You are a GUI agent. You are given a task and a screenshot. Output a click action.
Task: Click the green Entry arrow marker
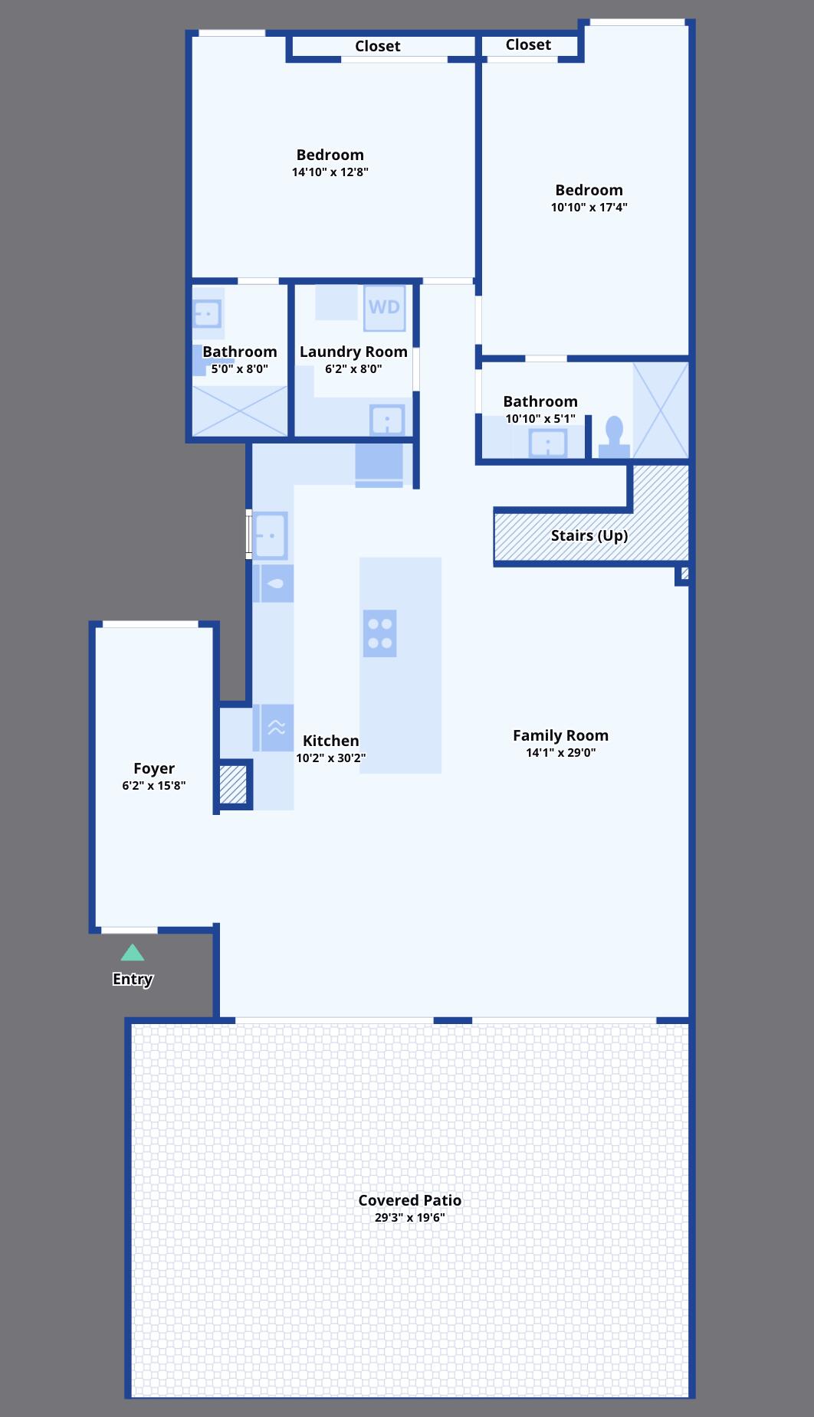click(x=133, y=953)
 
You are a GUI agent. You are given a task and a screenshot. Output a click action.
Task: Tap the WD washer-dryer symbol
click(x=384, y=308)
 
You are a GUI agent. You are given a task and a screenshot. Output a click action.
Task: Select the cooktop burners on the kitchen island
click(x=380, y=633)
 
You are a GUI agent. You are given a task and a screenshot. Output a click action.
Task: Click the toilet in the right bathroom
click(x=614, y=438)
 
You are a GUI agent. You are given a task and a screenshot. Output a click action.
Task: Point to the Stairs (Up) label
click(x=589, y=535)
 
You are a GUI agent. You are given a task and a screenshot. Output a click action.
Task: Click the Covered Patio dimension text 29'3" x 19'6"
click(x=410, y=1218)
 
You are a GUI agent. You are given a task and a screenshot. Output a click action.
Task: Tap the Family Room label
click(x=560, y=735)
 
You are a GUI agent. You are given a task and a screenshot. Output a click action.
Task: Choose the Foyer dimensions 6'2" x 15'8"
click(x=154, y=785)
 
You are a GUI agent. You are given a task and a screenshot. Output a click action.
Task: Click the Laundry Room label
click(x=353, y=352)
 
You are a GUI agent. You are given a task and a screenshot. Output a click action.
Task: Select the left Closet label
click(x=378, y=46)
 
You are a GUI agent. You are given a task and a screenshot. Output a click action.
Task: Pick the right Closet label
click(x=528, y=44)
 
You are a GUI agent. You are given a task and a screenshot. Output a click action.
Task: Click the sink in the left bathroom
click(x=207, y=314)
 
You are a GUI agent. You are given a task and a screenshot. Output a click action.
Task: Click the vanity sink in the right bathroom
click(x=548, y=443)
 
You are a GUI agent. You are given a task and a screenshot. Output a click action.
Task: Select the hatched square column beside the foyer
click(x=234, y=784)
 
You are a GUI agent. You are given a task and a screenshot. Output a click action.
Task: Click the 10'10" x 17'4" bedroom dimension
click(x=589, y=207)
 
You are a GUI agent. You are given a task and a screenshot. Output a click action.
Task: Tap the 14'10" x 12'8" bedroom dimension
click(x=330, y=172)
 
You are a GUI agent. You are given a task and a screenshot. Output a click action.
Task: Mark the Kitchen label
click(x=331, y=741)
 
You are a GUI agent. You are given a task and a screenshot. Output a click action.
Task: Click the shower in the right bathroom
click(x=660, y=411)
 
